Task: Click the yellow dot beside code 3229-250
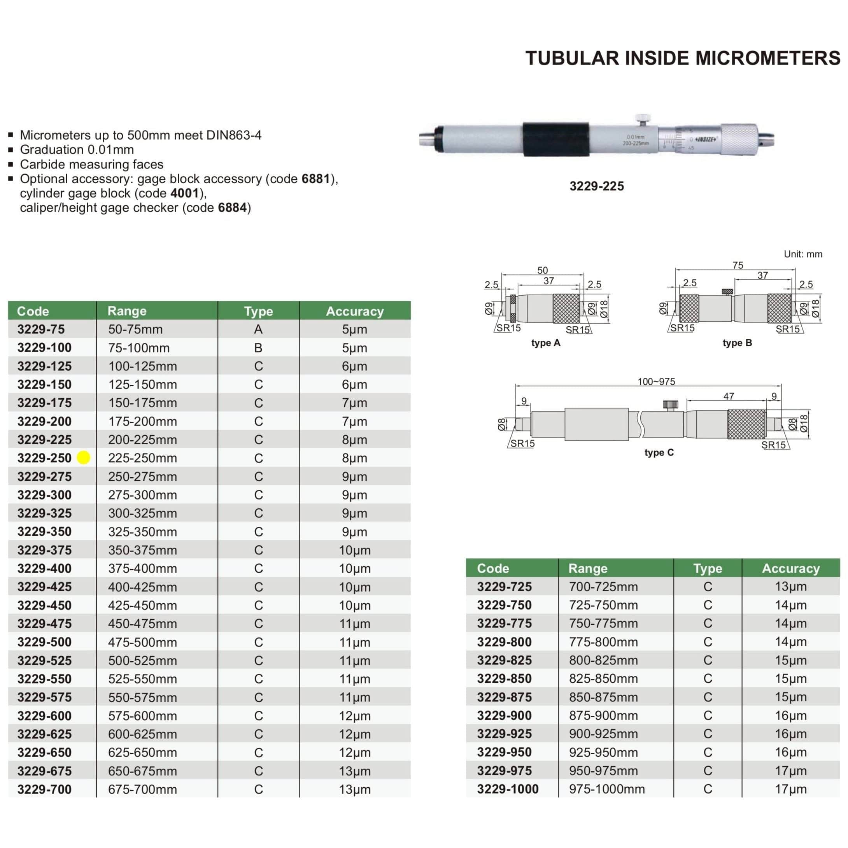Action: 83,457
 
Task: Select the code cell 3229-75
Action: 41,329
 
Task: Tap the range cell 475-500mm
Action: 142,642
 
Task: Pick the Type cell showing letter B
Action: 258,348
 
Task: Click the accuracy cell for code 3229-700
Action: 355,789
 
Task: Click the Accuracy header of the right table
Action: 790,568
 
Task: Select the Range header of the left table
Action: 127,311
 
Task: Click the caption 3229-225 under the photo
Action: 596,186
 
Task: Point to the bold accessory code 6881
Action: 315,179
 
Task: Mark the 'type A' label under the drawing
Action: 546,343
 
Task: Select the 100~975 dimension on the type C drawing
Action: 656,382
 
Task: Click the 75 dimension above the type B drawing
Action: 738,265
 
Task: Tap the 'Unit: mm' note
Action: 803,254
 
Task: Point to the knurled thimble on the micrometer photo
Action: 739,139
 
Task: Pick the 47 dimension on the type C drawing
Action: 729,396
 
